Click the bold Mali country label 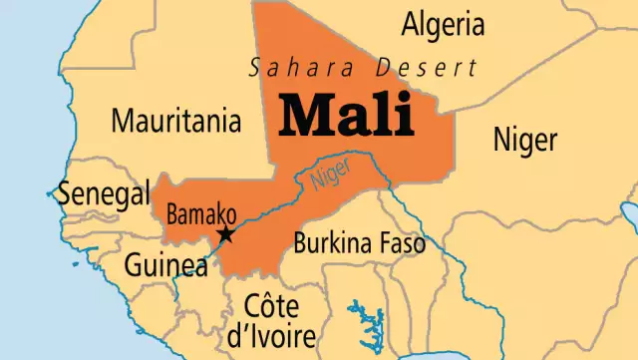pos(346,116)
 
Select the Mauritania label pos(175,122)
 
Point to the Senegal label pos(103,193)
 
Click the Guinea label pos(165,265)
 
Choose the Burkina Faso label pos(358,242)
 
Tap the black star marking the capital pos(226,235)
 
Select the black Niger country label pos(525,140)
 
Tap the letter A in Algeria pos(411,23)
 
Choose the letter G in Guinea pos(134,265)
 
